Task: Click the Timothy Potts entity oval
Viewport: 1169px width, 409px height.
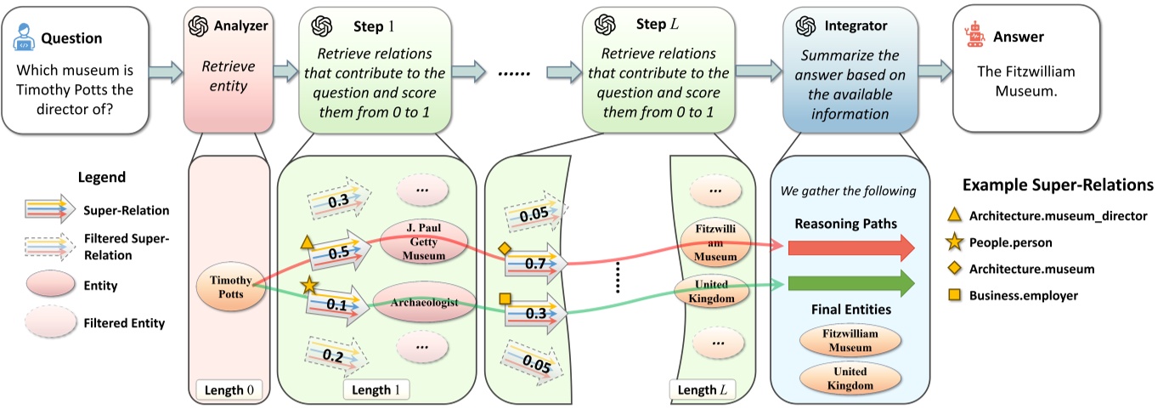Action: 227,286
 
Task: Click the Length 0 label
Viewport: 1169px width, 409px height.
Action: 228,390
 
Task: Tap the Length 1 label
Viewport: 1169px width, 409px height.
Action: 376,390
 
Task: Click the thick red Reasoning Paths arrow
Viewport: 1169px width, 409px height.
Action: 850,247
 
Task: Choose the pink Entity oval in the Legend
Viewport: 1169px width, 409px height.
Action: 52,286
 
